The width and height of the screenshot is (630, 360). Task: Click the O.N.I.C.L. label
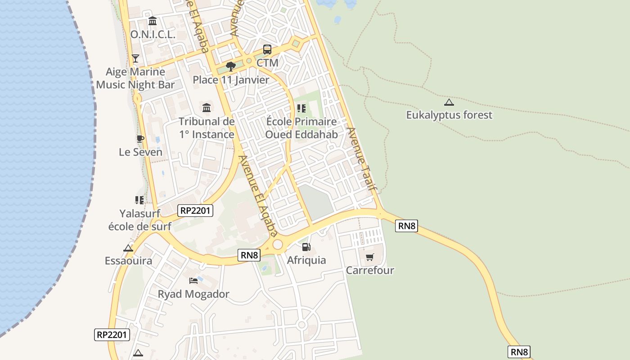(x=152, y=34)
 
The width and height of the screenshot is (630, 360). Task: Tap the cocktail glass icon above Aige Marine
(x=135, y=58)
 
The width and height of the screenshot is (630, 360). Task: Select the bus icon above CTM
(x=267, y=49)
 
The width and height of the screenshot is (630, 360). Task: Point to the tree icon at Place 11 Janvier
(x=231, y=67)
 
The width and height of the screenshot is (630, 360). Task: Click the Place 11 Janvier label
(x=231, y=80)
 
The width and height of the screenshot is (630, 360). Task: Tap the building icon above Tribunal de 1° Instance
(x=207, y=108)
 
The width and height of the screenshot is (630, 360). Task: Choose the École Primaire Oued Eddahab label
(x=301, y=128)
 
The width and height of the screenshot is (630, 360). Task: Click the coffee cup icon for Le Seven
(x=140, y=139)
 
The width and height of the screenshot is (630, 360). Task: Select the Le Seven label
(x=140, y=152)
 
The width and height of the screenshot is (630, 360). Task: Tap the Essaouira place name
(x=128, y=261)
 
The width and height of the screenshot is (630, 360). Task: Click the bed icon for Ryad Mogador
(x=193, y=281)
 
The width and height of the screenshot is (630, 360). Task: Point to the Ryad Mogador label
(x=193, y=294)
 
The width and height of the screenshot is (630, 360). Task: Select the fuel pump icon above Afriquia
(x=306, y=247)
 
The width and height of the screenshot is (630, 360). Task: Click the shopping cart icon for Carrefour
(x=370, y=257)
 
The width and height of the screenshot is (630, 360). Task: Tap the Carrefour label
(x=370, y=270)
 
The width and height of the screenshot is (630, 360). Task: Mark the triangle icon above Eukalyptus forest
(x=449, y=102)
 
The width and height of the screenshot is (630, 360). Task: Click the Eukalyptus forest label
(x=449, y=115)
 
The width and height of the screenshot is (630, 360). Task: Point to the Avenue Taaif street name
(x=361, y=158)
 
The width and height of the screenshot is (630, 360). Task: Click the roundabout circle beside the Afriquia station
(x=278, y=244)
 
